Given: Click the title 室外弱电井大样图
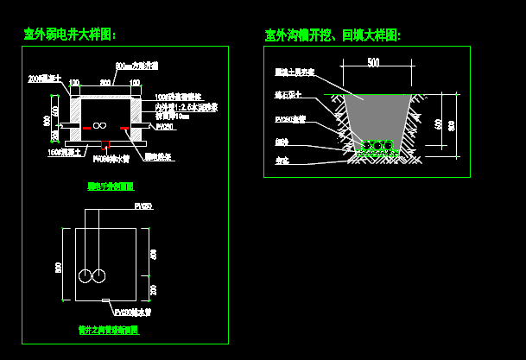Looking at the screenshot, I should [70, 35].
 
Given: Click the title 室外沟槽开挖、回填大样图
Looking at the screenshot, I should [333, 35].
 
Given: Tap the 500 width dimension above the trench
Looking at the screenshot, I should [372, 63].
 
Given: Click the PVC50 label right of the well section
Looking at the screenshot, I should [164, 127].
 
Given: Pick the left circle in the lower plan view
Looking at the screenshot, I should [86, 276].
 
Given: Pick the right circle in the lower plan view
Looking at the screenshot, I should [100, 276].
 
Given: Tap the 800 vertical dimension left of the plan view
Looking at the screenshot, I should [59, 266].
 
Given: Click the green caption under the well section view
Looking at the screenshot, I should [111, 186].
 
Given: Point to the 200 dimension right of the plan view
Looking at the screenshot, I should [154, 289].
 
